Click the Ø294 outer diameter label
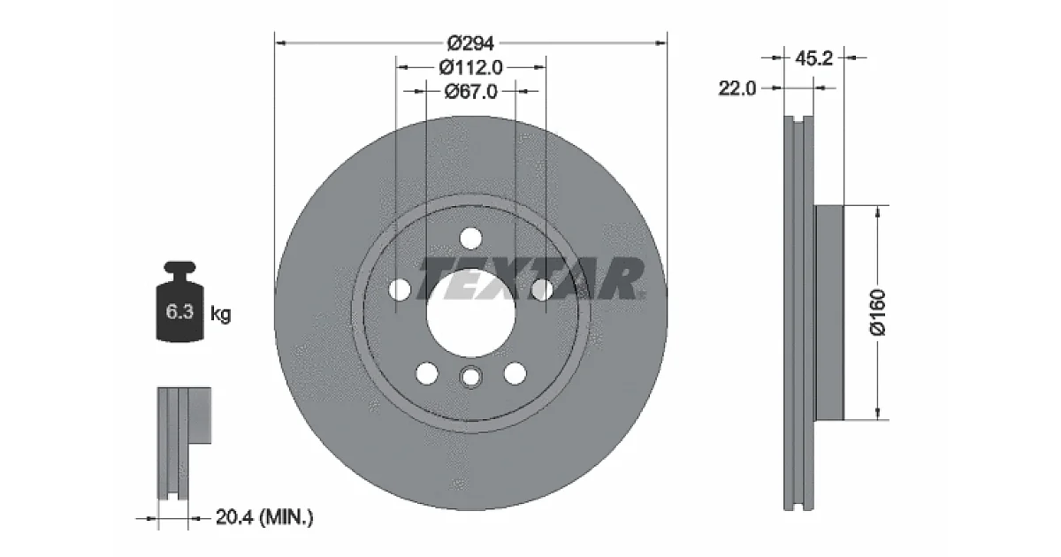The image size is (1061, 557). point(470,43)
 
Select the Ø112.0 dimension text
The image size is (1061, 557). point(470,68)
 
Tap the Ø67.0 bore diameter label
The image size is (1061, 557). point(470,91)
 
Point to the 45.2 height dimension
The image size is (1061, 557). point(813,58)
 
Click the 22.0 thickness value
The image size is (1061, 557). point(737,88)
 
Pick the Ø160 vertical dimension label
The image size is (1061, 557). point(878,312)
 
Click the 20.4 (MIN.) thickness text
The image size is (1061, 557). point(264,516)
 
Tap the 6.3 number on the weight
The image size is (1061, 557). point(179,311)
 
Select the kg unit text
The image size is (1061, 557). point(221,314)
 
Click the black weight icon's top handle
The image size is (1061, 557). point(179,267)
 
